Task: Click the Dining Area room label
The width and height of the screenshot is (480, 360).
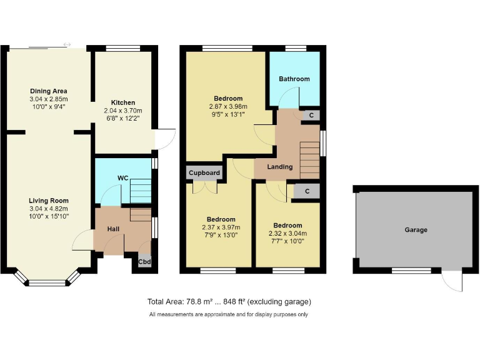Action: tap(48, 91)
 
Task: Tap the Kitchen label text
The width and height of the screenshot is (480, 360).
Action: tap(123, 102)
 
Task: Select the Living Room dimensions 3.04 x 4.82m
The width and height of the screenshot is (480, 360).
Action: tap(48, 209)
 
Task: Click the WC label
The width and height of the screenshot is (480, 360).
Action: tap(123, 178)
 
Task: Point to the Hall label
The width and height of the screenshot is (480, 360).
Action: tap(113, 229)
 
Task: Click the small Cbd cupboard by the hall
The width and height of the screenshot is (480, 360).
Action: tap(144, 262)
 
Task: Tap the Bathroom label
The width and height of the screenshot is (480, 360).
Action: tap(294, 79)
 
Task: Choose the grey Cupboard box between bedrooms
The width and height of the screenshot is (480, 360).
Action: tap(203, 172)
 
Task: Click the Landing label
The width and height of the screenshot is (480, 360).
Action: tap(279, 167)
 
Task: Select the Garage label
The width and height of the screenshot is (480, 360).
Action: tap(416, 230)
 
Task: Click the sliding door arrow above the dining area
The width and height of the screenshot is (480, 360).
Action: tap(67, 44)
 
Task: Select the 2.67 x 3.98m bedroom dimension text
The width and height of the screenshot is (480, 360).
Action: tap(228, 106)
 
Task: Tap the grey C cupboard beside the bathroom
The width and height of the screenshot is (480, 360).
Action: tap(311, 116)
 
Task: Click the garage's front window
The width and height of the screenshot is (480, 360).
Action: tap(411, 271)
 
